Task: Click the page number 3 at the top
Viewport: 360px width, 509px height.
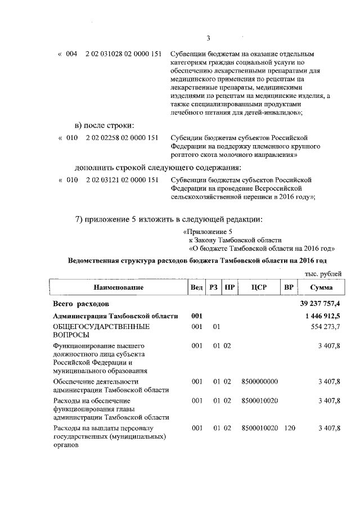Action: pyautogui.click(x=208, y=38)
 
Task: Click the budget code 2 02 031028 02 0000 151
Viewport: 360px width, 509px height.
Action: pyautogui.click(x=124, y=54)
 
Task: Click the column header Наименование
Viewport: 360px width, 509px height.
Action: pyautogui.click(x=118, y=287)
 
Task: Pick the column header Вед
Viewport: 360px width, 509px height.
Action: pyautogui.click(x=196, y=287)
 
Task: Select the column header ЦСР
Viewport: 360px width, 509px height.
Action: pyautogui.click(x=259, y=287)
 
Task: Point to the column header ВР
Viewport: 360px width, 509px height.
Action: pyautogui.click(x=289, y=287)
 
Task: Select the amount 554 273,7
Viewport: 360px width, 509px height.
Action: pyautogui.click(x=325, y=327)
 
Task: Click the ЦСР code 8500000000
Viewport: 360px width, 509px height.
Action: pyautogui.click(x=259, y=382)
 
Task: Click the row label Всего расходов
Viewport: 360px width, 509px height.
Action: pyautogui.click(x=77, y=304)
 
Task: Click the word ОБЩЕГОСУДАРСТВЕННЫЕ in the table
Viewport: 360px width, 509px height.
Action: pyautogui.click(x=93, y=327)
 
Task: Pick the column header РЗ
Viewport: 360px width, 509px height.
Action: pyautogui.click(x=214, y=287)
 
